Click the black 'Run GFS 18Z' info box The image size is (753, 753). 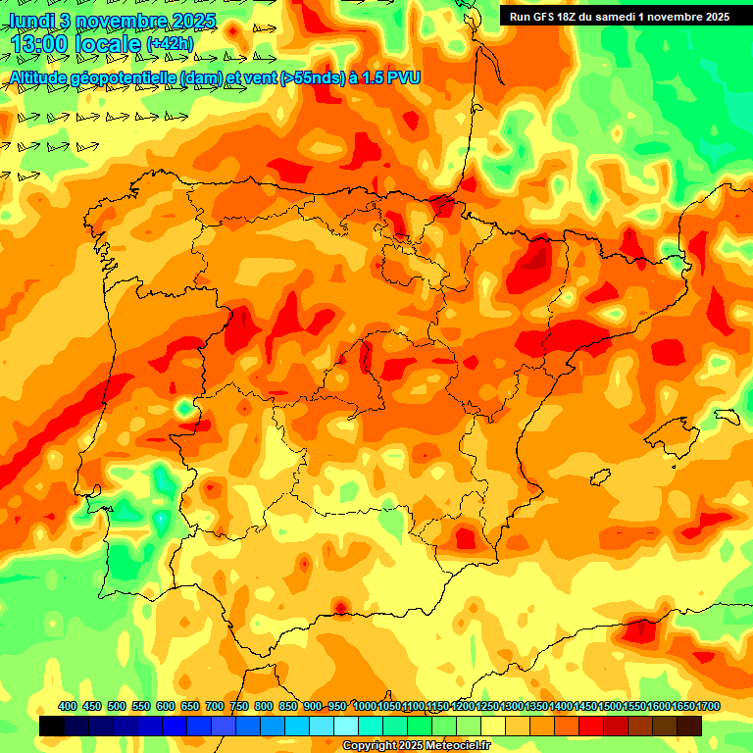pos(619,16)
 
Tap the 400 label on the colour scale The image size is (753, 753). pos(68,706)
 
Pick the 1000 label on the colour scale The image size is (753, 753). pos(365,706)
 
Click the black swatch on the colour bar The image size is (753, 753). pos(52,726)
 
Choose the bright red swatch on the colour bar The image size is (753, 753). pos(591,726)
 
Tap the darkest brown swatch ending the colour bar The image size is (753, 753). pos(689,726)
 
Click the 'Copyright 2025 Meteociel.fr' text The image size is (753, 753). pos(416,745)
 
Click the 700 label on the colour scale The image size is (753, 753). pos(215,706)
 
